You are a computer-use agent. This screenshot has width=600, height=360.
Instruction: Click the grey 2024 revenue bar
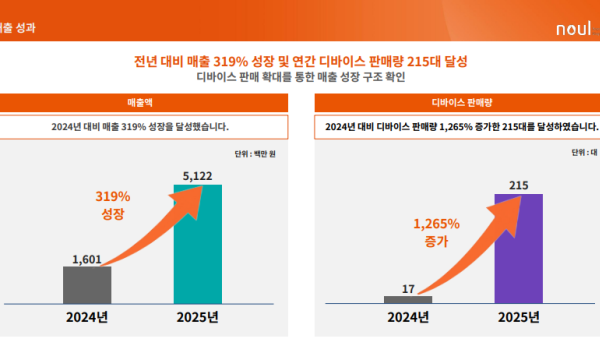[x=88, y=284]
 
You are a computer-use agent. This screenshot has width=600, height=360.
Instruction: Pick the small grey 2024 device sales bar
[x=408, y=299]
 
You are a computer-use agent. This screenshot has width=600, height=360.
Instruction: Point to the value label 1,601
[x=88, y=258]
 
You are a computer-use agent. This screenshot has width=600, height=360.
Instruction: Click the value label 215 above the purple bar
[x=518, y=184]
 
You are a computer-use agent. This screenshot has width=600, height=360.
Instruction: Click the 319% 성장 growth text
[x=113, y=205]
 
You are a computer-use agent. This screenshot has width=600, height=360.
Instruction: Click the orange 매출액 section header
[x=139, y=102]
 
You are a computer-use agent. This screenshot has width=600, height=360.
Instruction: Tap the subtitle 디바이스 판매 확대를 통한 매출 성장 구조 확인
[x=301, y=76]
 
